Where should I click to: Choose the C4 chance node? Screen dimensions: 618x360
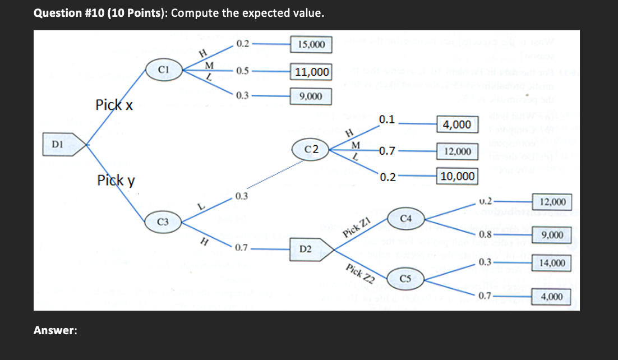(x=406, y=218)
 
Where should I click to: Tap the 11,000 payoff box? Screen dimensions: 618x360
(x=311, y=72)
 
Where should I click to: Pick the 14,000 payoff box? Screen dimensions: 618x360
(x=552, y=262)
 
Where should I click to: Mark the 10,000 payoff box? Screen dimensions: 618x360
(x=458, y=177)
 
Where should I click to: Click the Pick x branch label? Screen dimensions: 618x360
(x=114, y=104)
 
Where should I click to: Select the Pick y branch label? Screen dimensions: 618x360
(x=116, y=181)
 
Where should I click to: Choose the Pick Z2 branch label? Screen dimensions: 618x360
(x=359, y=273)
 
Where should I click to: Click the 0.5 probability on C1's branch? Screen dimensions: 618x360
(x=243, y=71)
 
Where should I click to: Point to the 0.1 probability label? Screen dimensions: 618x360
(x=386, y=119)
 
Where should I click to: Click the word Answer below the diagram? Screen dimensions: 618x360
(x=55, y=330)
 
